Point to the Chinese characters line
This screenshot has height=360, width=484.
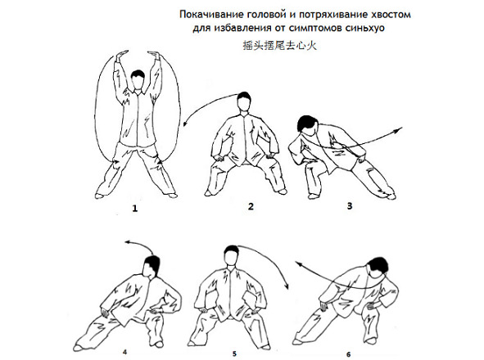279,46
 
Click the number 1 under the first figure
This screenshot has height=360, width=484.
134,209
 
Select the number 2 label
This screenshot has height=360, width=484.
251,206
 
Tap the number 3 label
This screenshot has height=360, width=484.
350,205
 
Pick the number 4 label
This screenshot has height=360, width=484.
125,352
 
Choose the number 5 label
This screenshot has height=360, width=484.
234,353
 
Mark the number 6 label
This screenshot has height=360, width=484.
349,354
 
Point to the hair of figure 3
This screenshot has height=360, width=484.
306,123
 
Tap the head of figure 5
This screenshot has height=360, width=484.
232,255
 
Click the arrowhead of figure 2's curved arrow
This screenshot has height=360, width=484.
185,124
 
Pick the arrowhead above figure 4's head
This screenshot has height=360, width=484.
128,242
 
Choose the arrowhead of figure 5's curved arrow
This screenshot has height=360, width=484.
287,286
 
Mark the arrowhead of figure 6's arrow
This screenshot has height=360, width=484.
298,263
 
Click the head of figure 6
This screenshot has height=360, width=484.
378,268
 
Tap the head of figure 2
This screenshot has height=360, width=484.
244,101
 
